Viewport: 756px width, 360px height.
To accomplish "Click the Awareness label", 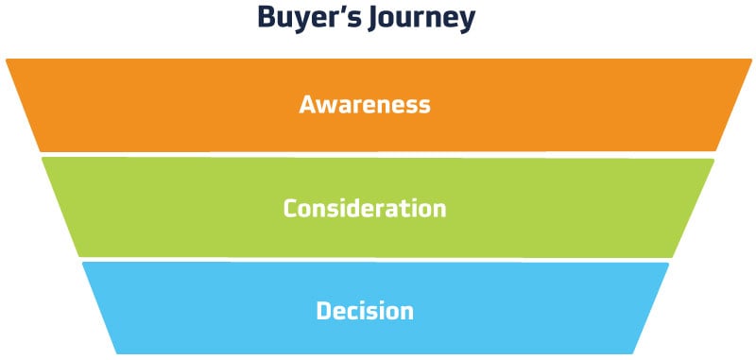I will [365, 104].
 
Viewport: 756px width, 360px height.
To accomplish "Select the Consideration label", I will [365, 208].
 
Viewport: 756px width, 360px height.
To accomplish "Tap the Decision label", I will [365, 310].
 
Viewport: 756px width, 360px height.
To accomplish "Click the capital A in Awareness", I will [308, 104].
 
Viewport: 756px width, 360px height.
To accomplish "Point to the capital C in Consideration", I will [291, 208].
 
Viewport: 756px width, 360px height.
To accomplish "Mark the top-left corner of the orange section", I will [7, 60].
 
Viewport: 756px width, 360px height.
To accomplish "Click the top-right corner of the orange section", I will [749, 60].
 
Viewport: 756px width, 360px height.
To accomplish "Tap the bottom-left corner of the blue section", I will [117, 352].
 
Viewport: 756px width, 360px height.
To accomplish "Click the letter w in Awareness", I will [327, 106].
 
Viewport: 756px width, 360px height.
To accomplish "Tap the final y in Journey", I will [466, 23].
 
